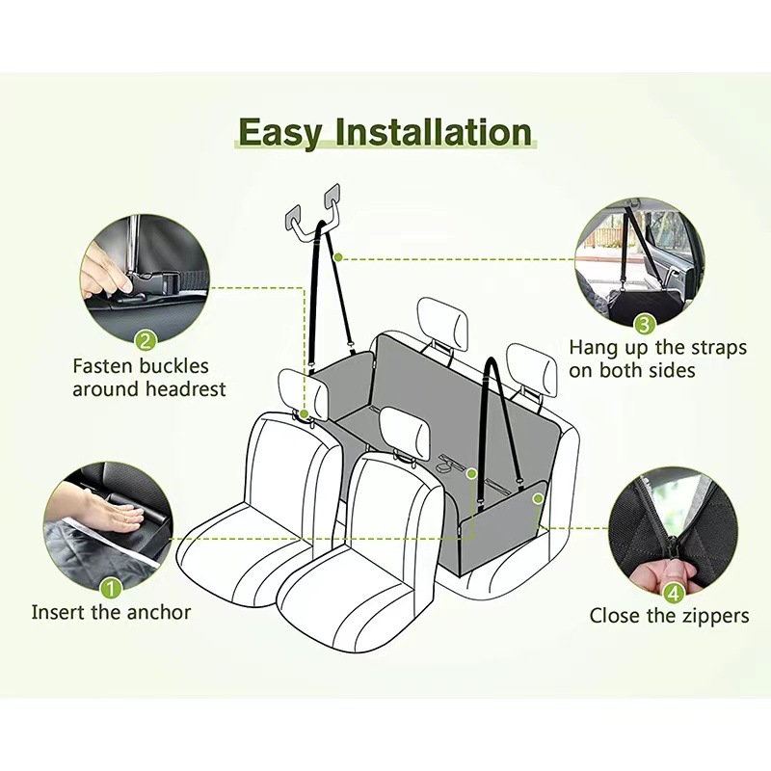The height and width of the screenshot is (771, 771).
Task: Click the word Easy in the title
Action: coord(279,132)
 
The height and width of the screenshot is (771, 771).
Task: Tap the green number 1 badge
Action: coord(111,586)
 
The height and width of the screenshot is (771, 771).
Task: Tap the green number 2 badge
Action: coord(146,339)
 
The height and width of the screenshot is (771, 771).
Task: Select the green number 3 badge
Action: coord(644,324)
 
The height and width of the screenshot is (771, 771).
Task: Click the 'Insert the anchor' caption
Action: coord(111,612)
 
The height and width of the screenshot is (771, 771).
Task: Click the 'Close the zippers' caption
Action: coord(669,615)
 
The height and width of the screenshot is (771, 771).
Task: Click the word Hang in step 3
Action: coord(593,348)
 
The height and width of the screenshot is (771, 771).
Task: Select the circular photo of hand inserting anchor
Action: coord(108,525)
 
